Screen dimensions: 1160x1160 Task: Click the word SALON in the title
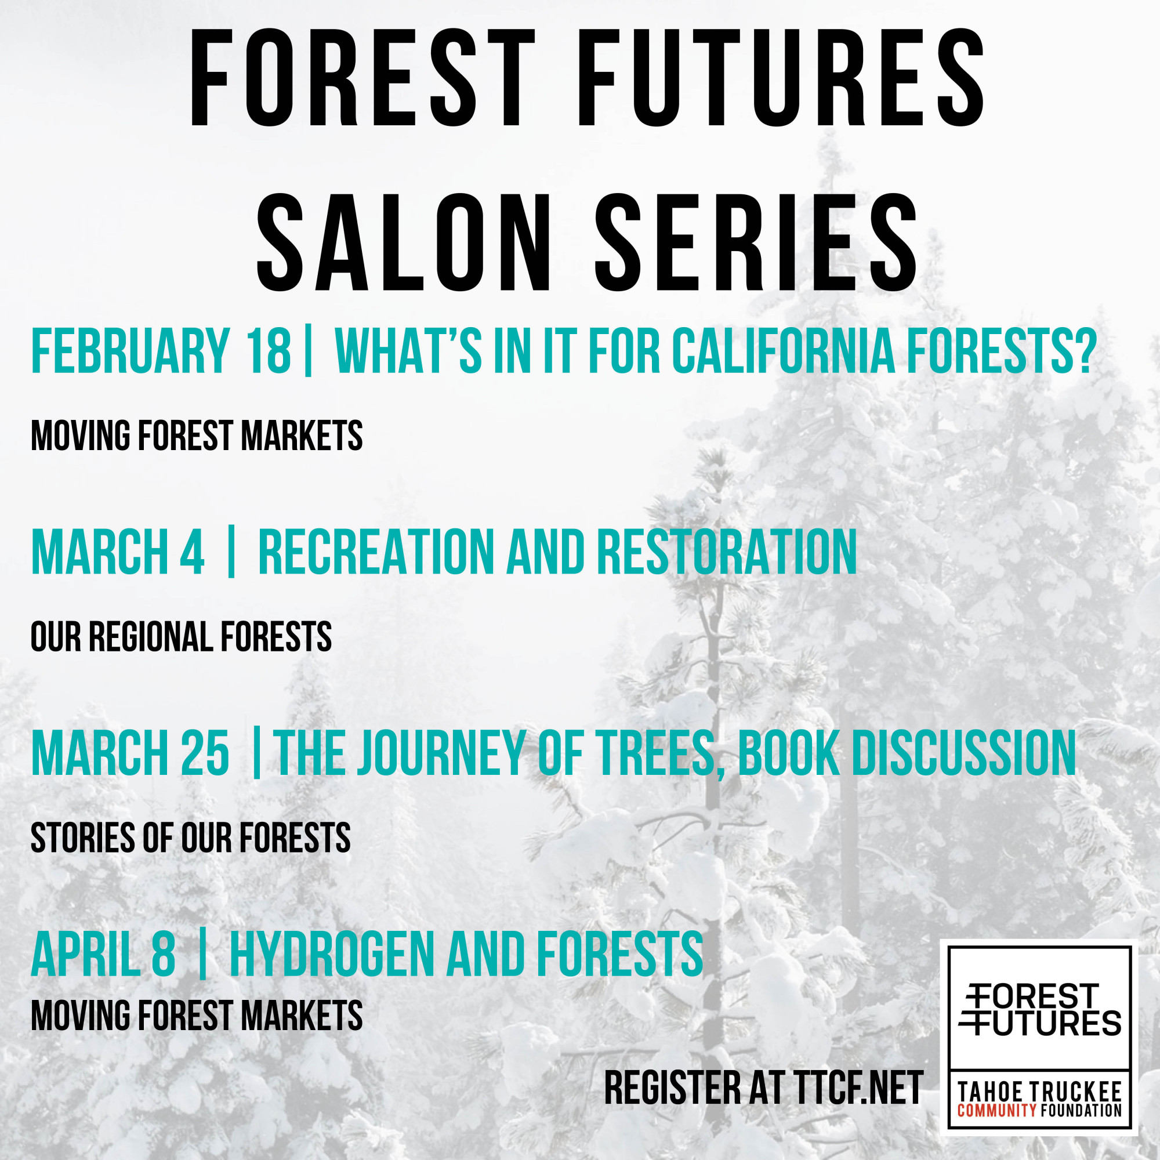403,243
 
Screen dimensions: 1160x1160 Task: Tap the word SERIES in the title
756,243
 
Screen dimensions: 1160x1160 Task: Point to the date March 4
118,552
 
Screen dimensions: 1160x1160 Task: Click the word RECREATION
376,552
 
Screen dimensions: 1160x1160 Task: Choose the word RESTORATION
727,552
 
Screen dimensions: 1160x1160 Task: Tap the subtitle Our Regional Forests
182,637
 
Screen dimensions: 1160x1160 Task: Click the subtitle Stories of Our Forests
191,838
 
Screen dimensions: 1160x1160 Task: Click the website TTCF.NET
860,1088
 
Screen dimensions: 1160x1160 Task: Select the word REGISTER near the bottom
673,1088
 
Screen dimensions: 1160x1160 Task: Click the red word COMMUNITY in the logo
996,1110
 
